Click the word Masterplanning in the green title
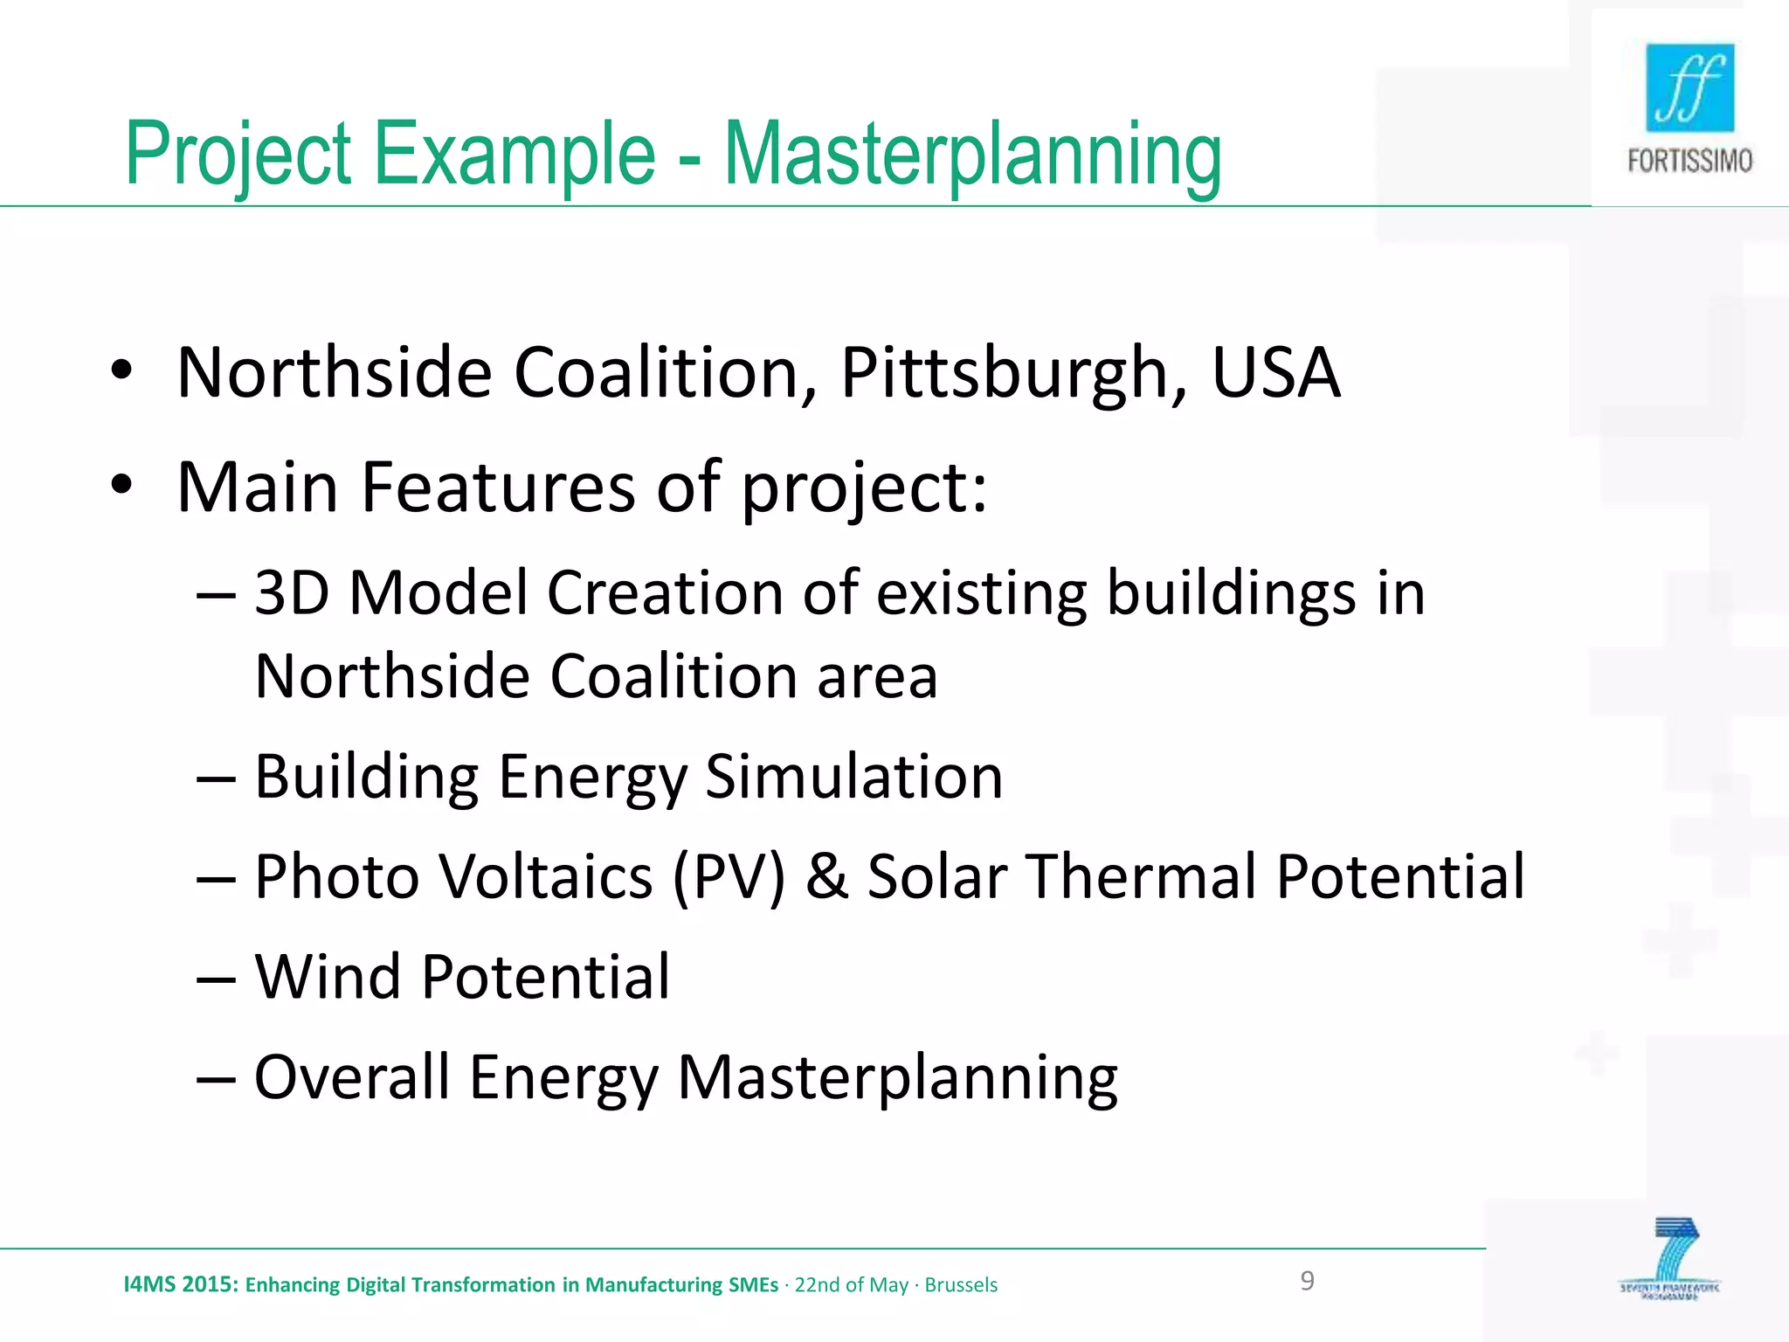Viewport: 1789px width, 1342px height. [x=972, y=156]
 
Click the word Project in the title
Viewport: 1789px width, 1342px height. [x=238, y=156]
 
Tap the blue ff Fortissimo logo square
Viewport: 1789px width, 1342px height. [x=1689, y=87]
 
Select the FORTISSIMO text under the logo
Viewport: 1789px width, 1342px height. [x=1689, y=161]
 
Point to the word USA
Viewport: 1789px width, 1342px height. [x=1275, y=374]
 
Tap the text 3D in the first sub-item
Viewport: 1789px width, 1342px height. [x=292, y=593]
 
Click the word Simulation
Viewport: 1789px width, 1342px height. [x=853, y=777]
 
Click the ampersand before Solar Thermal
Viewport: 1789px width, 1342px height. [x=826, y=876]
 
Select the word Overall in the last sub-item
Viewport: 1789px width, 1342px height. [x=351, y=1076]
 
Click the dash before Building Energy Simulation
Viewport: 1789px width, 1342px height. [x=216, y=778]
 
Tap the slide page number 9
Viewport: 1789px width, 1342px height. [x=1307, y=1281]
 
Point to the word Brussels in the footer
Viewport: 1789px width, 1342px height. [x=961, y=1285]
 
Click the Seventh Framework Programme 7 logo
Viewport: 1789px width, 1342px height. [x=1669, y=1258]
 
